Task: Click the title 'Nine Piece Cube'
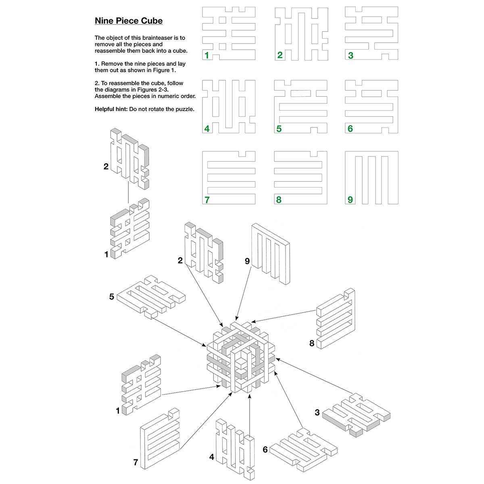coord(129,21)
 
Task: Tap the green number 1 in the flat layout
coord(207,56)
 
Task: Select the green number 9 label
coord(350,200)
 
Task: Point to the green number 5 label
coord(279,129)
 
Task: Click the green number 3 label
coord(350,56)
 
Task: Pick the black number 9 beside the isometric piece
coord(247,261)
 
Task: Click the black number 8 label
coord(312,343)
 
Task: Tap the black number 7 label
coord(136,463)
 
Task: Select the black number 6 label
coord(265,449)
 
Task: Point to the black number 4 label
coord(212,457)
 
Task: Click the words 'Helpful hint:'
coord(111,109)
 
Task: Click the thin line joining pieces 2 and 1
coord(128,192)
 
